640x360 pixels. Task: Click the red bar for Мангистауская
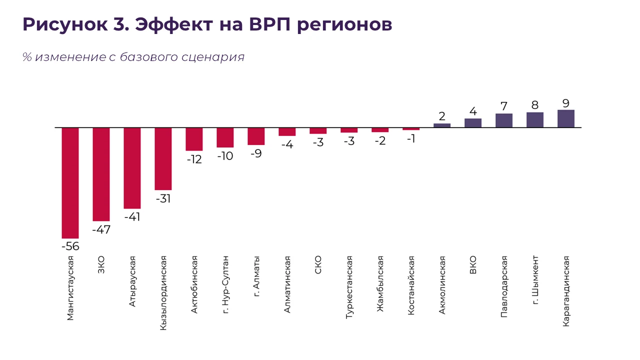click(x=70, y=183)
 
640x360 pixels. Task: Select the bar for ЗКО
click(x=101, y=174)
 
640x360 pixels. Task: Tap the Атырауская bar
click(x=132, y=168)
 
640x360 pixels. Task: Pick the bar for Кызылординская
click(x=163, y=158)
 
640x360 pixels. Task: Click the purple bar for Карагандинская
click(x=566, y=119)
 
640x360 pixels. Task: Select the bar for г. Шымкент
click(x=535, y=120)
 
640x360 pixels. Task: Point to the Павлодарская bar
click(x=504, y=120)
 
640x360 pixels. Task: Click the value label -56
click(x=70, y=246)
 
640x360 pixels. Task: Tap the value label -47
click(x=101, y=229)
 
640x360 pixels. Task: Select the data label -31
click(x=163, y=198)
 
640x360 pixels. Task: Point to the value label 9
click(x=566, y=103)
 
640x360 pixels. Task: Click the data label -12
click(x=194, y=160)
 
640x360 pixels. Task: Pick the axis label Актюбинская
click(x=194, y=284)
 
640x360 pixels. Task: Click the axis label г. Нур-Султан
click(x=225, y=284)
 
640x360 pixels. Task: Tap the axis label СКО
click(x=318, y=264)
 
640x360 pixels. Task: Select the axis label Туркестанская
click(x=349, y=287)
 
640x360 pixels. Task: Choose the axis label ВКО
click(x=473, y=265)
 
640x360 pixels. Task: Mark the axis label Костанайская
click(x=411, y=285)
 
